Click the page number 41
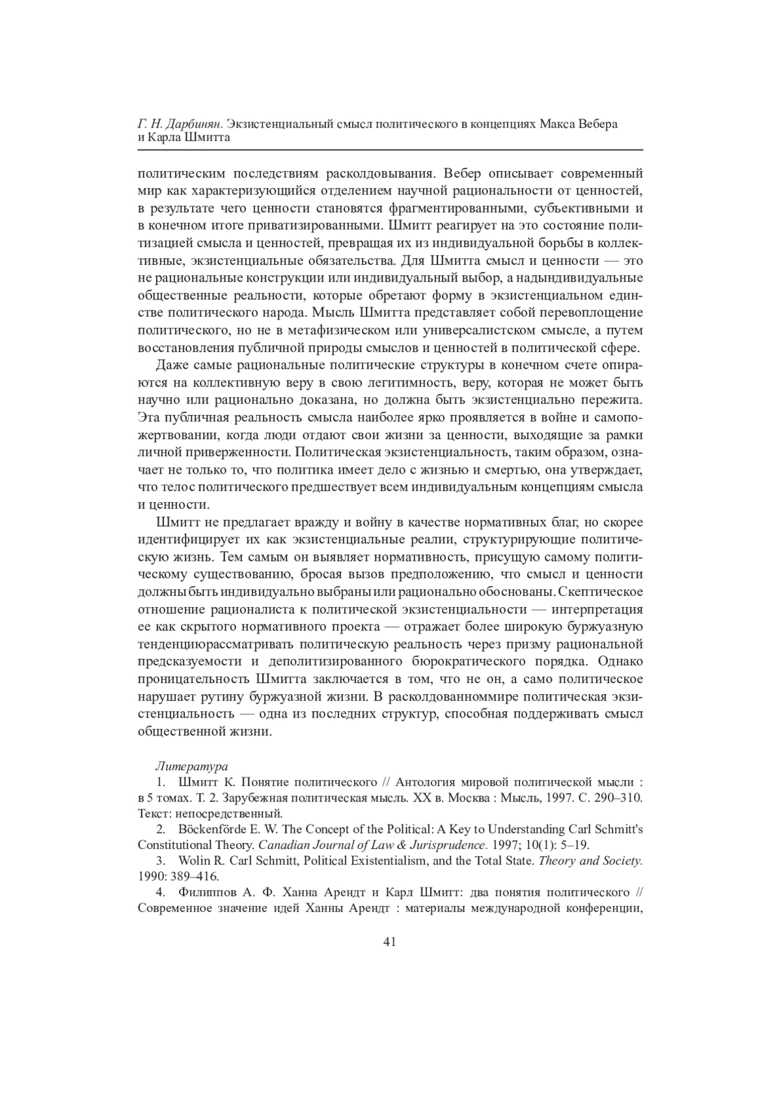390,941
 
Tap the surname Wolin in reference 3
191,861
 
